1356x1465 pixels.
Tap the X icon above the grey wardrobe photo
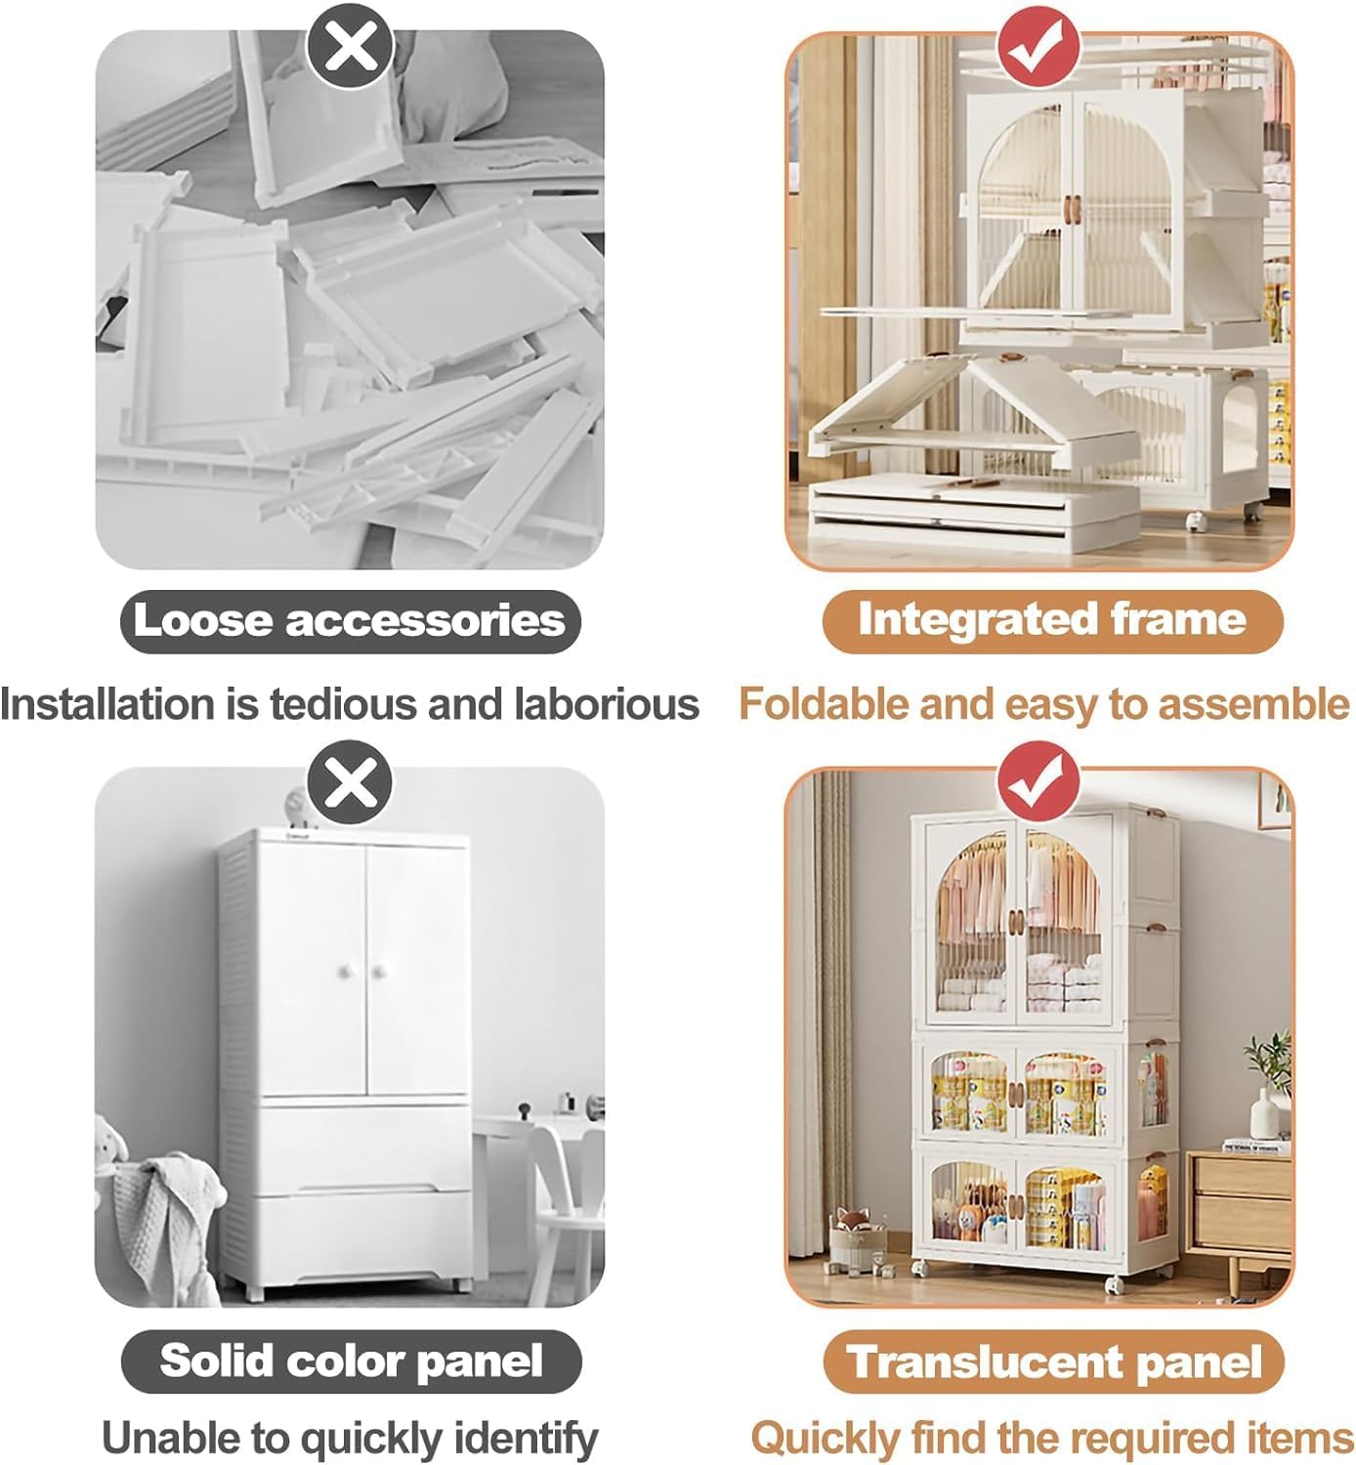[350, 782]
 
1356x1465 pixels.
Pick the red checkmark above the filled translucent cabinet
[1038, 782]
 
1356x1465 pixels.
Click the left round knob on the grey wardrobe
[345, 971]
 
